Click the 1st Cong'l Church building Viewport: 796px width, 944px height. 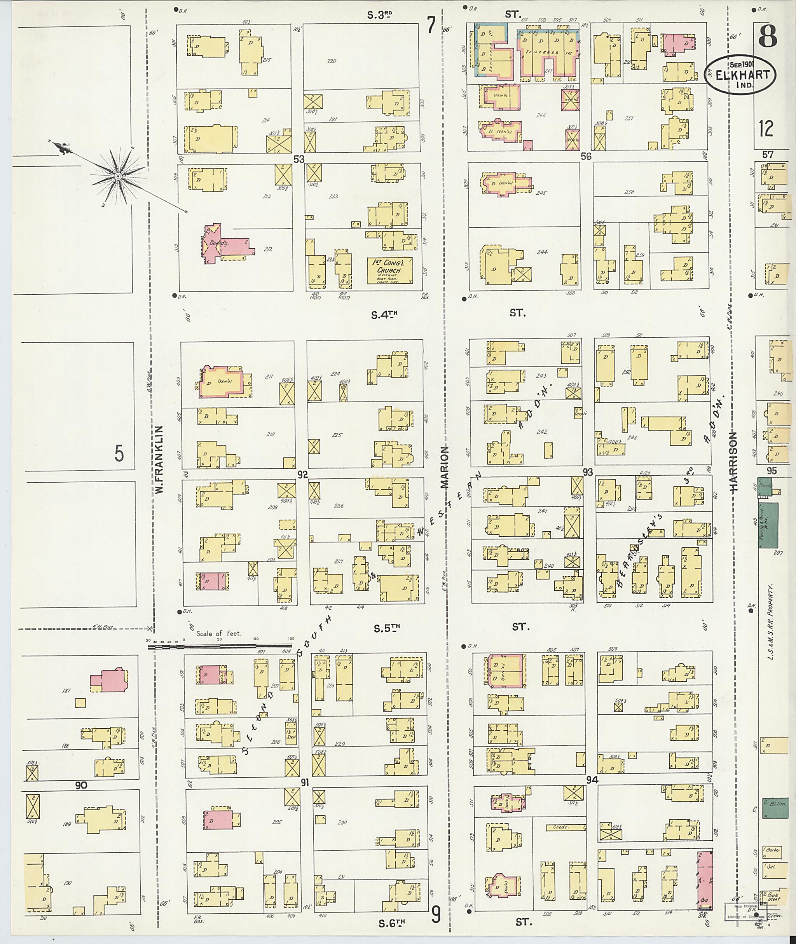tap(389, 271)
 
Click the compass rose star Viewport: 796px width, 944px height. tap(118, 176)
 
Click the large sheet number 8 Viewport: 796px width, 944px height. tap(767, 36)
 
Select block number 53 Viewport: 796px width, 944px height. tap(299, 159)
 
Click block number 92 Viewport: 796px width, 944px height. tap(302, 474)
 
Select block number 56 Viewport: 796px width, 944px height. tap(586, 156)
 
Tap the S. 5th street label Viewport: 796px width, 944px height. tap(387, 628)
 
